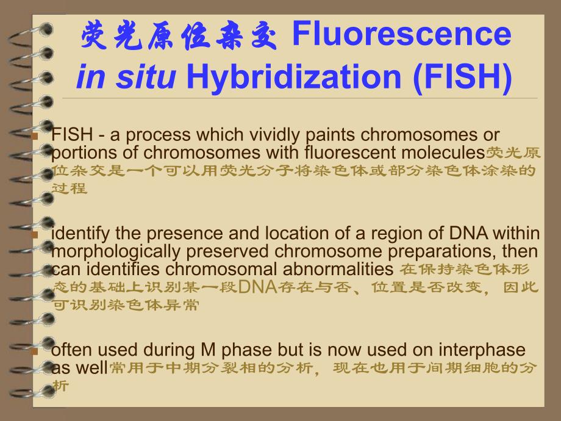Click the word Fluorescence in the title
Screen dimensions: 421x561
click(x=401, y=35)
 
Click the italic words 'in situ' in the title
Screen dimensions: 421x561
click(x=126, y=80)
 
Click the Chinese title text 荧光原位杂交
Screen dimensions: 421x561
click(x=180, y=36)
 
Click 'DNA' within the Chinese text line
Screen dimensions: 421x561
click(x=256, y=287)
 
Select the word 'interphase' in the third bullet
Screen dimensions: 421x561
click(x=485, y=350)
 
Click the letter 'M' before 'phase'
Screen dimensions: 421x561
click(x=208, y=350)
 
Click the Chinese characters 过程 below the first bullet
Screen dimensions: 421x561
click(x=70, y=188)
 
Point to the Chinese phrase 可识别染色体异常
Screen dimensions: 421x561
click(x=126, y=305)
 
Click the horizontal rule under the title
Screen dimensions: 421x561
click(x=299, y=98)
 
